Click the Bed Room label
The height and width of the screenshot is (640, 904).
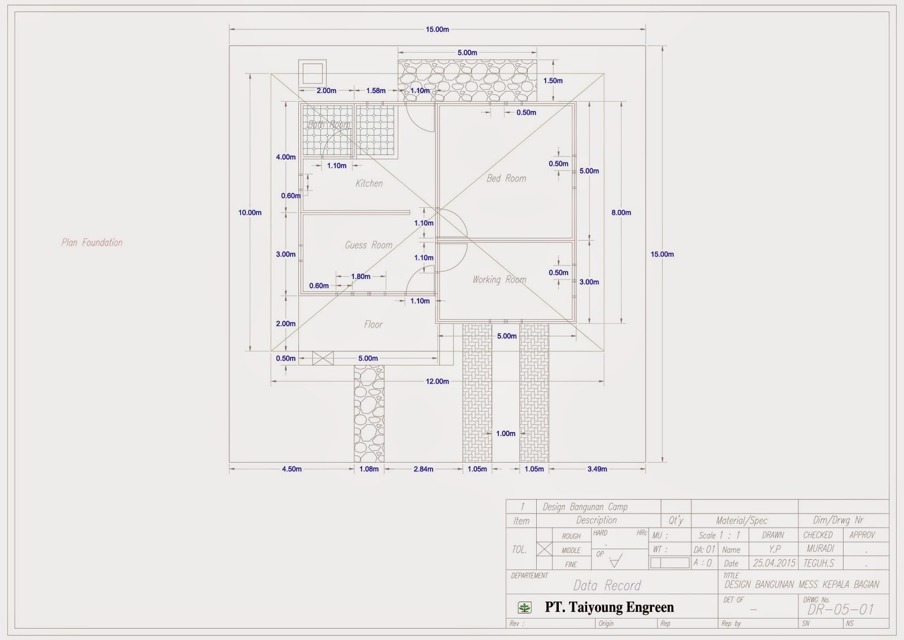coord(506,178)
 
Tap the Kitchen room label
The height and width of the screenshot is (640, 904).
coord(369,184)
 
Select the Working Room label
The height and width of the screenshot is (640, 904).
coord(499,280)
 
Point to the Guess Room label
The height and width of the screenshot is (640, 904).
coord(368,245)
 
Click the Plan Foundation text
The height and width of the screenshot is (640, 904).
coord(92,242)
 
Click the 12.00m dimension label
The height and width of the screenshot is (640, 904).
coord(437,381)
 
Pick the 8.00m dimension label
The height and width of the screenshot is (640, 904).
coord(621,212)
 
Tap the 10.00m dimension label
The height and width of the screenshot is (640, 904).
coord(250,212)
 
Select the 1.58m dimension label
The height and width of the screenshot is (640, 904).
coord(376,90)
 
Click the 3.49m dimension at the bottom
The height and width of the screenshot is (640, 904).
coord(597,469)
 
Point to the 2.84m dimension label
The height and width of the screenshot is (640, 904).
coord(423,469)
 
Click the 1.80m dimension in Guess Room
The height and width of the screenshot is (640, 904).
coord(360,276)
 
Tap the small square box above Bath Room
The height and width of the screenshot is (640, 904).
coord(312,73)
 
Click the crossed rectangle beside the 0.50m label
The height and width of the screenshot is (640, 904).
coord(323,358)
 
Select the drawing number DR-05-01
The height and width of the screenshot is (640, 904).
coord(840,609)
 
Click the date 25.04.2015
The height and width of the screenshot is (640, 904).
coord(773,563)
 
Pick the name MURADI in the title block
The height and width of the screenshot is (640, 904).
coord(820,548)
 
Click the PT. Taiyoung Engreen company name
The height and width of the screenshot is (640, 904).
coord(609,607)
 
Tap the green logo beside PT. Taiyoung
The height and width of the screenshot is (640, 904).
coord(525,608)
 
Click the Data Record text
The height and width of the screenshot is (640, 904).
coord(607,585)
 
